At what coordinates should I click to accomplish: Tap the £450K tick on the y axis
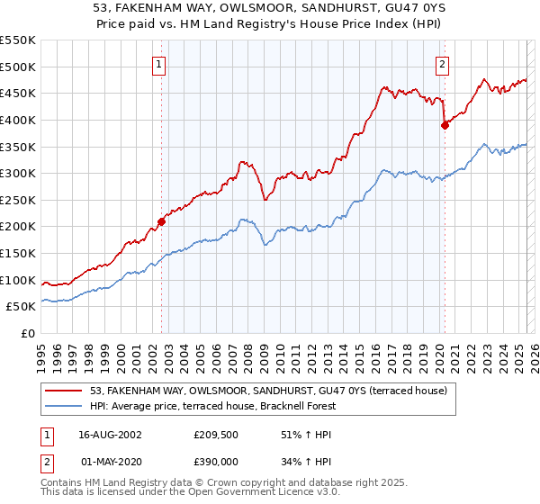18,93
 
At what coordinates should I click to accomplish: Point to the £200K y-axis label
18,226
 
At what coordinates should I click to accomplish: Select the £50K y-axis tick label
22,306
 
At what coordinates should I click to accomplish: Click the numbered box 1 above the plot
158,64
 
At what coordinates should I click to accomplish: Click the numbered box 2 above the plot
444,64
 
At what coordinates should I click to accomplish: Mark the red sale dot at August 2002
162,220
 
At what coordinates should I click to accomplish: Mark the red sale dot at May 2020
445,125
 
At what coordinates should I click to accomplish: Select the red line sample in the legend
64,391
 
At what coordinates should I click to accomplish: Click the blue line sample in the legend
64,406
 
